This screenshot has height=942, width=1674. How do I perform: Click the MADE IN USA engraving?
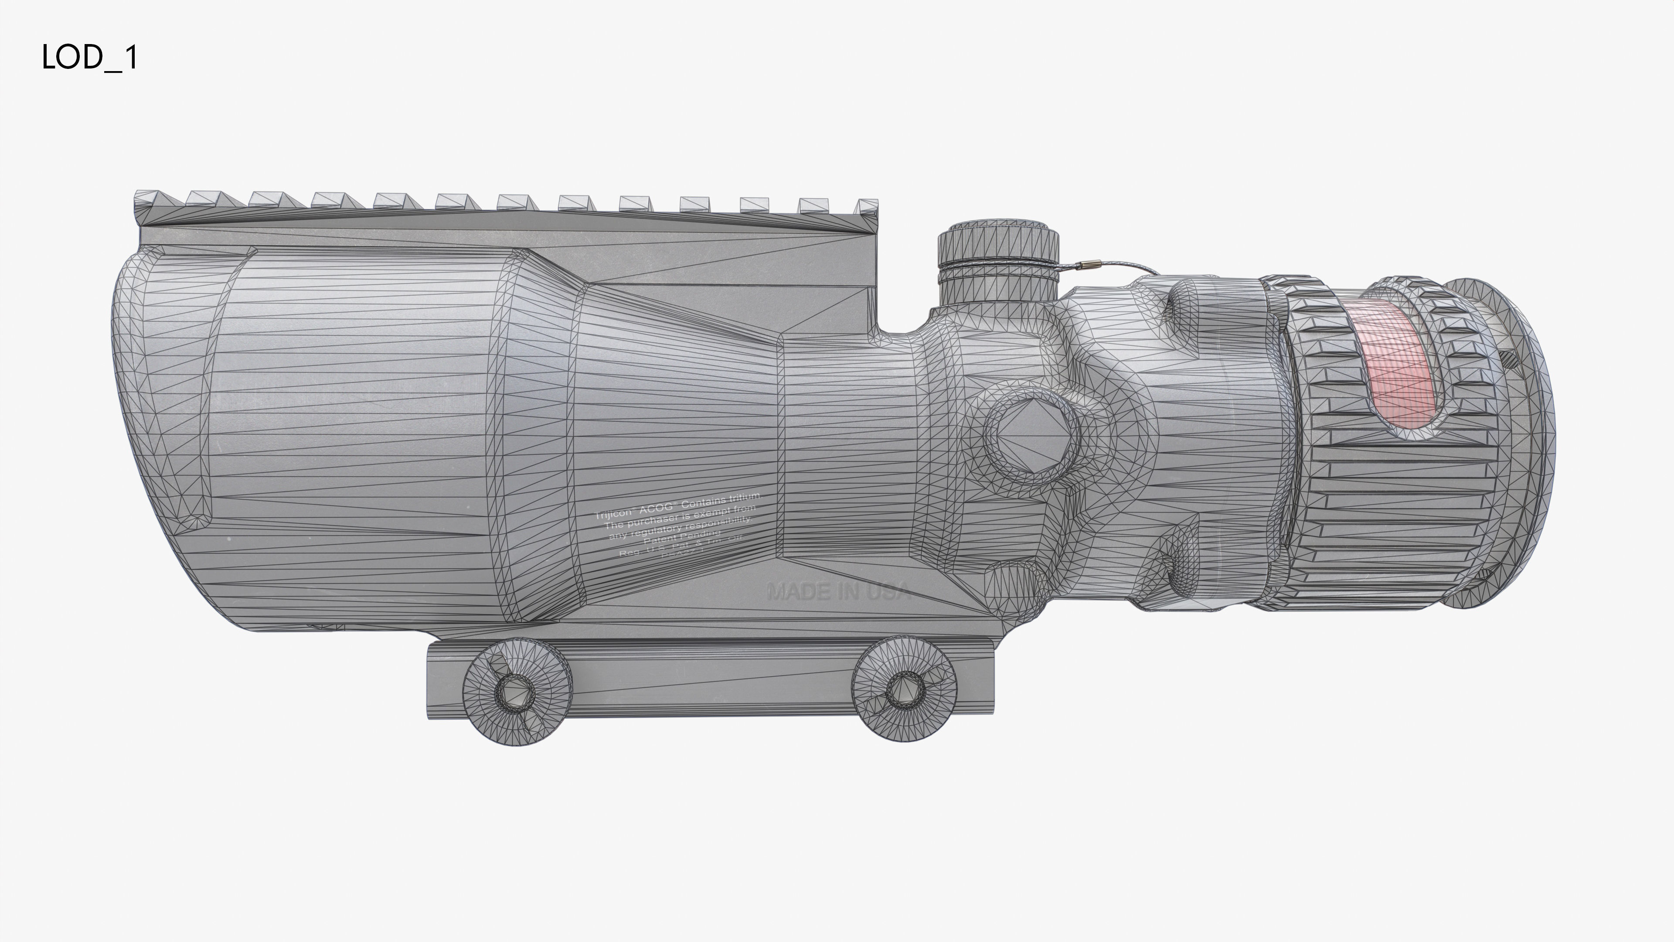pyautogui.click(x=838, y=592)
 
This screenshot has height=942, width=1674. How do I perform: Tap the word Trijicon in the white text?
pyautogui.click(x=614, y=514)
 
